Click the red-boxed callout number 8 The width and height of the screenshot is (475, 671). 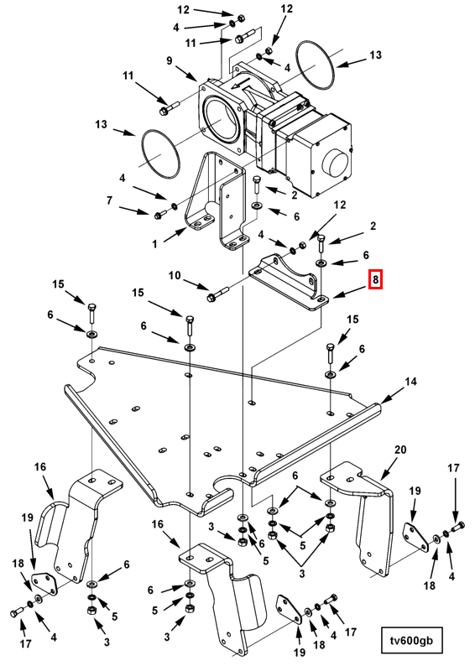[x=375, y=280]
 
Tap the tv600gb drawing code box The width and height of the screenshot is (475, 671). [x=411, y=641]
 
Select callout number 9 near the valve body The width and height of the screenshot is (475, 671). [x=170, y=60]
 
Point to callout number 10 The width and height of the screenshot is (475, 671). [x=175, y=275]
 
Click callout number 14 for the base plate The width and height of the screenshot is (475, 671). [x=410, y=381]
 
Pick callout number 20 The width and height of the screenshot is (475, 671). [x=400, y=450]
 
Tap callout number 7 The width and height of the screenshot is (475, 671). [x=109, y=200]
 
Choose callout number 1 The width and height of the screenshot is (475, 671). [x=154, y=244]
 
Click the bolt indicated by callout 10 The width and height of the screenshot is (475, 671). [x=217, y=294]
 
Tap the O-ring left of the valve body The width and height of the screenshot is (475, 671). [x=159, y=153]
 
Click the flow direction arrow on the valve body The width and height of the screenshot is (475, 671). [x=244, y=85]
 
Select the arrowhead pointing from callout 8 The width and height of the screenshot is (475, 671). [x=332, y=296]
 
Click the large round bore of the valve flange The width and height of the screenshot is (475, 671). [x=222, y=120]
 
